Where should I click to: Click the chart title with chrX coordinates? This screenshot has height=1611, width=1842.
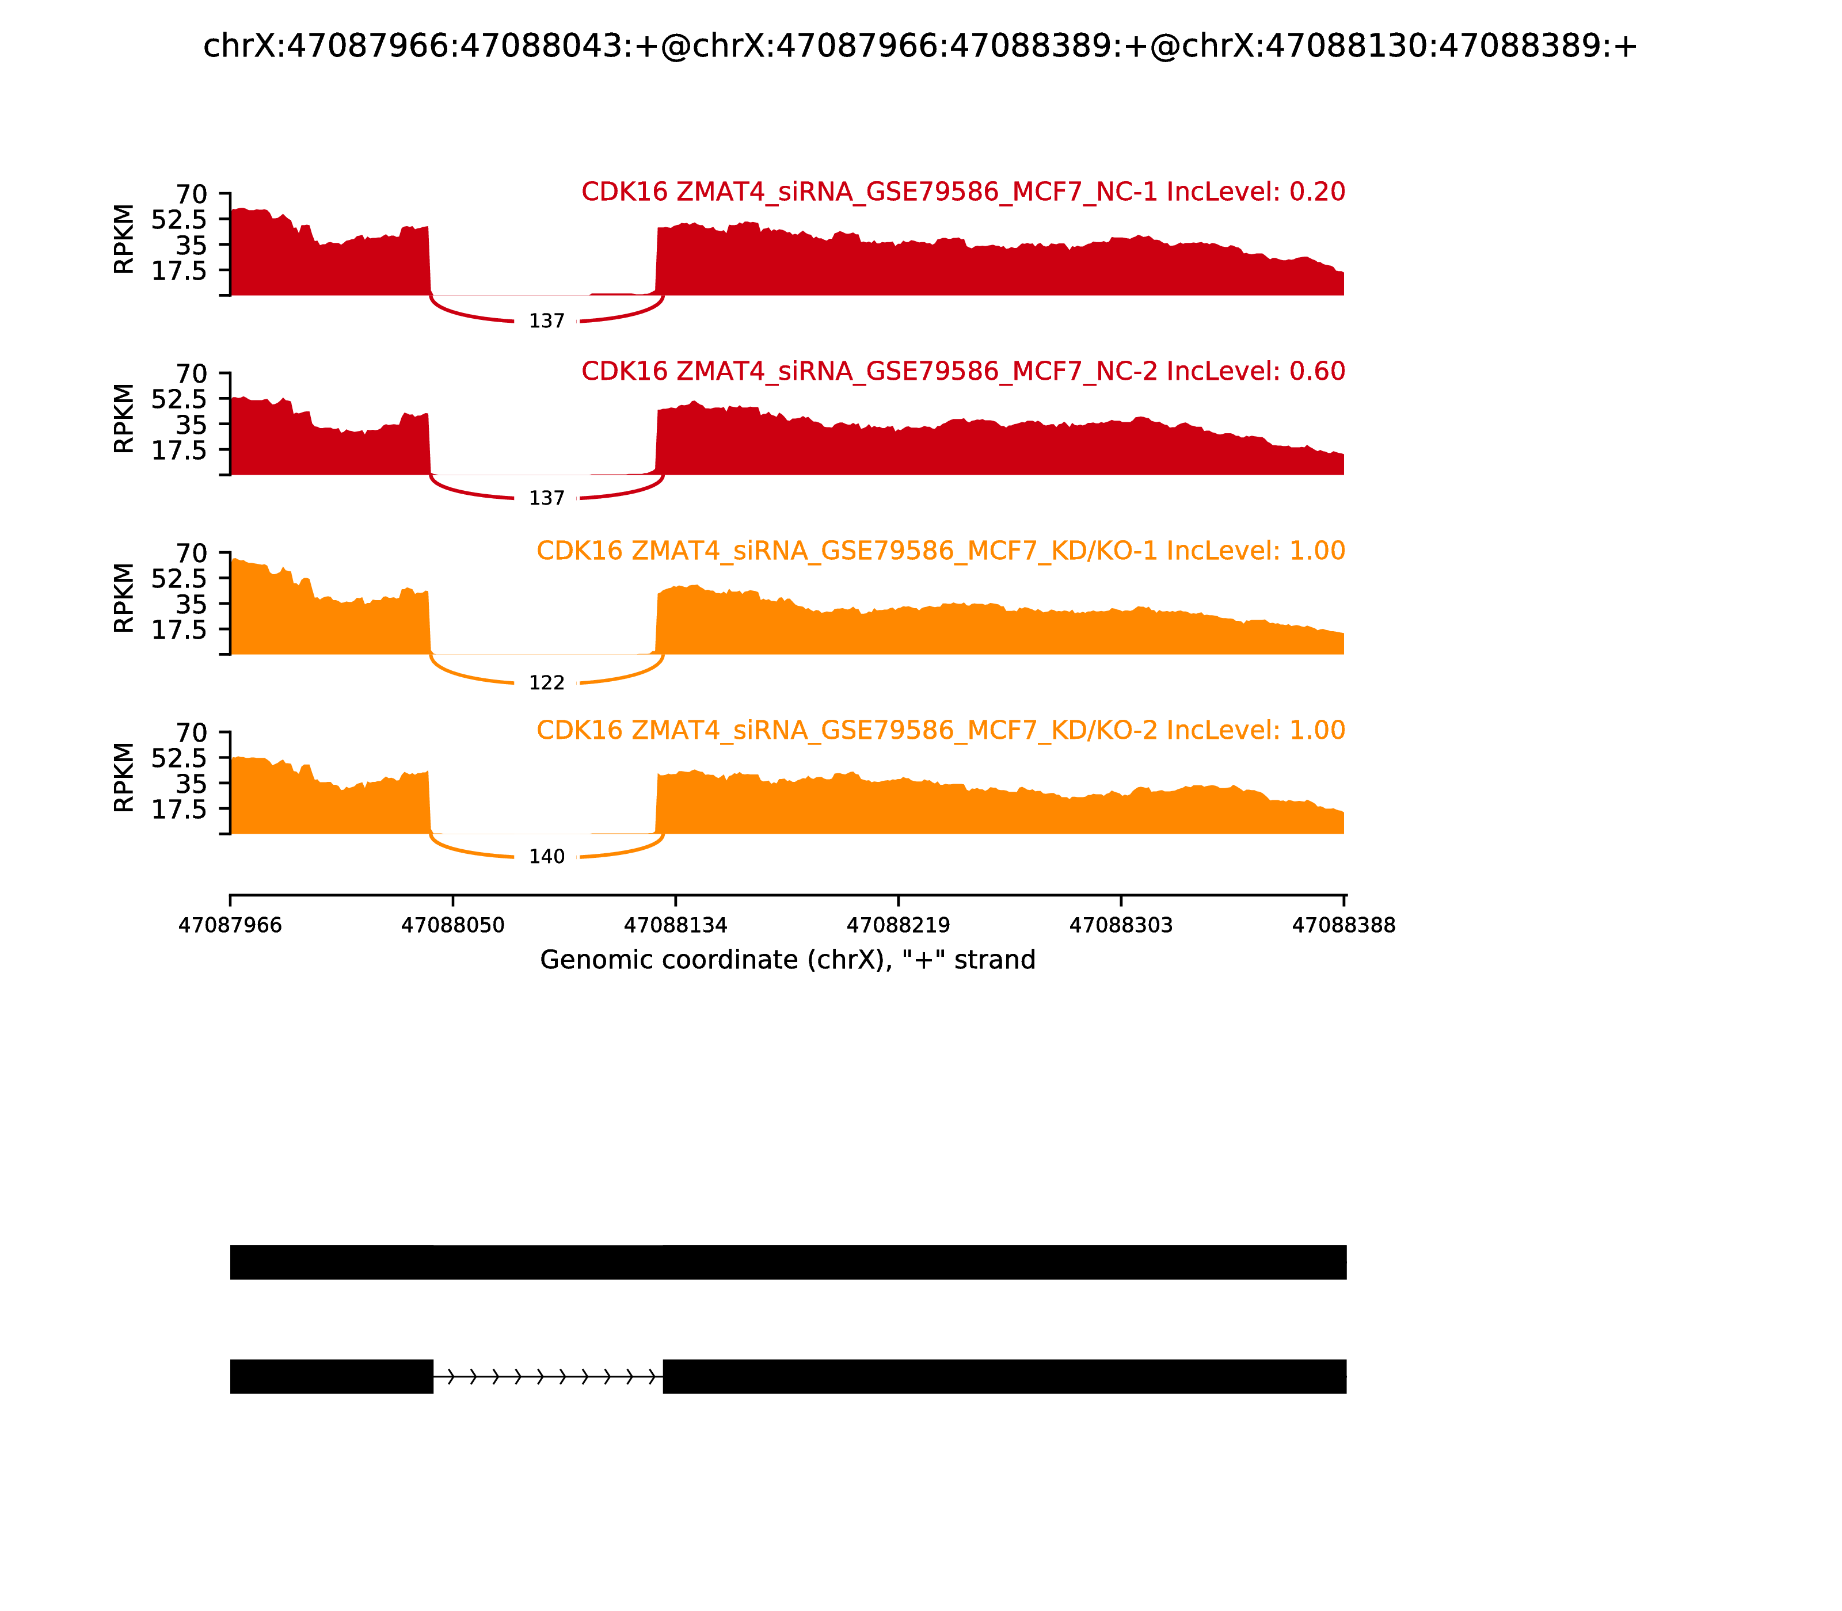(x=919, y=47)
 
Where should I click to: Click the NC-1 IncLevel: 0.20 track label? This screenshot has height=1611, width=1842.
(x=962, y=192)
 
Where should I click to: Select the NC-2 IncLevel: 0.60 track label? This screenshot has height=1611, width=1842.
(x=962, y=371)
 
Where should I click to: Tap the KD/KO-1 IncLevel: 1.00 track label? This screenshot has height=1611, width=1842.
(x=940, y=551)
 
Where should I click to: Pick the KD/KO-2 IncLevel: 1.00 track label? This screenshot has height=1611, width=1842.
(x=940, y=730)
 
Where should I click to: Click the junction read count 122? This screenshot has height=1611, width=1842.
(x=546, y=684)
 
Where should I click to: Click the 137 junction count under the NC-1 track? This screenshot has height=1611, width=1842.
(x=546, y=322)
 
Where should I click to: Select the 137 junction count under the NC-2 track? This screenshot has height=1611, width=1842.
(x=546, y=499)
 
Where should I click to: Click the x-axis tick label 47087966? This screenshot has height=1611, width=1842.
(x=230, y=926)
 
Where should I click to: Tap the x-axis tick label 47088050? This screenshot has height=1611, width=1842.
(x=452, y=926)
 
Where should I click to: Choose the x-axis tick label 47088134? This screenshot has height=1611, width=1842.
(x=675, y=926)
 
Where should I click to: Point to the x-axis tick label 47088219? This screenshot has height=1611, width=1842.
(x=897, y=926)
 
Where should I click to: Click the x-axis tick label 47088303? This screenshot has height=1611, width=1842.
(x=1121, y=926)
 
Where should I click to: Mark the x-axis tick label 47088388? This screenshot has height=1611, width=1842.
(x=1343, y=926)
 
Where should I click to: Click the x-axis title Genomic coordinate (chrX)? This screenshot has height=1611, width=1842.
(x=787, y=960)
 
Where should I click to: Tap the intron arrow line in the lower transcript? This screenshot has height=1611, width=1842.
(x=548, y=1376)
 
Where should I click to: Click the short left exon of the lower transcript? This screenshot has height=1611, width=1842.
(x=331, y=1376)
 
